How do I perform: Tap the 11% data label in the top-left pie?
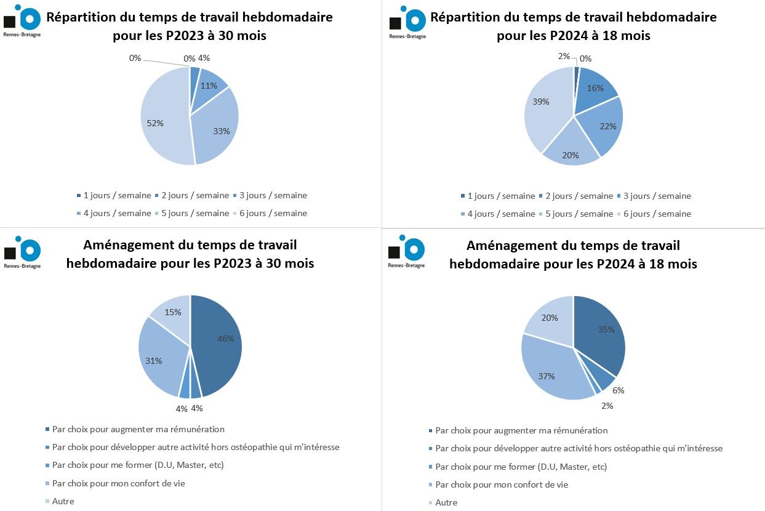[x=209, y=86]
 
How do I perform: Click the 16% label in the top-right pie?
[x=595, y=88]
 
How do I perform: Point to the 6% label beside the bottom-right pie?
[x=619, y=390]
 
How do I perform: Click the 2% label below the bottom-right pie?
[x=607, y=406]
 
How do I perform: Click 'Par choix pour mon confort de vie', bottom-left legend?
[x=118, y=483]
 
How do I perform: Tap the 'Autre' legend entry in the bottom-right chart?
[x=446, y=502]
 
